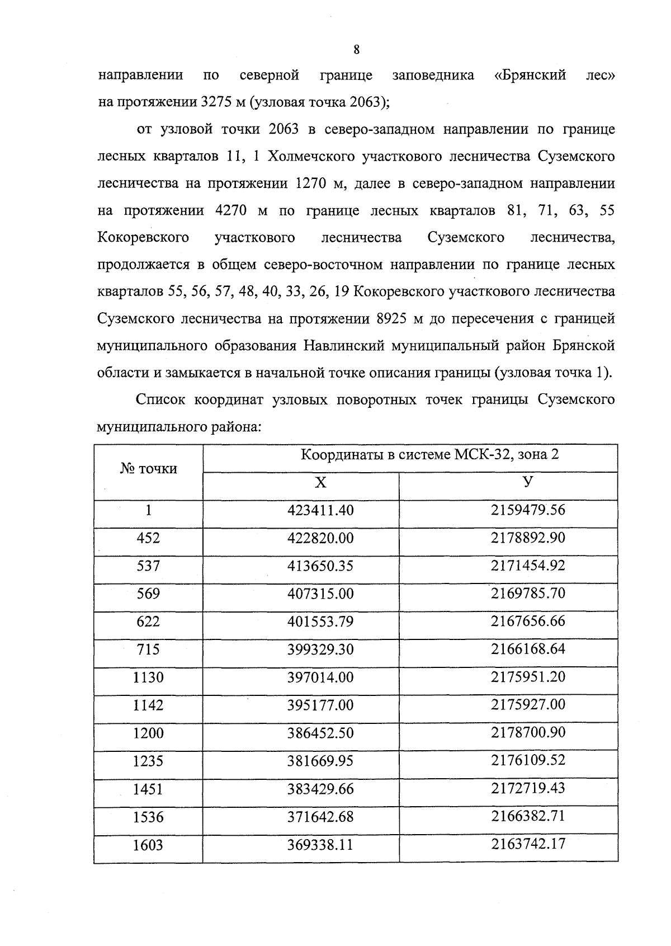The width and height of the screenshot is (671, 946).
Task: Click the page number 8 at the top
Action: pos(356,50)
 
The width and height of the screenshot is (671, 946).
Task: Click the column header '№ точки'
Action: pos(148,469)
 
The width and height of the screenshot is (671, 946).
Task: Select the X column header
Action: pos(320,483)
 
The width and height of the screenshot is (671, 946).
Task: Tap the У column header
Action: pos(528,482)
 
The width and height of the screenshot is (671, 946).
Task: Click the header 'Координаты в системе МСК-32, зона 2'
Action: pos(429,454)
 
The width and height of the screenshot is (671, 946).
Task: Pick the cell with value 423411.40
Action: pos(320,510)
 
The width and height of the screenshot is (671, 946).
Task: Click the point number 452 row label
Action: pos(148,538)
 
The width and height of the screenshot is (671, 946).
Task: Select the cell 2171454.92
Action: pos(528,566)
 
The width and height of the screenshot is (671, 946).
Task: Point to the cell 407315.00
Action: pos(320,594)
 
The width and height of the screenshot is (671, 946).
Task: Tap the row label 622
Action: pos(148,622)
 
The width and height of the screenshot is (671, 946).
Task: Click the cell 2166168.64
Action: pos(528,649)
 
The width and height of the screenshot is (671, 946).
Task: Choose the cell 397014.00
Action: pos(320,677)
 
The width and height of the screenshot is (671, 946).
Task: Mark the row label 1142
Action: pos(148,705)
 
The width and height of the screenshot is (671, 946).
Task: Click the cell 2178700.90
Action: pos(528,732)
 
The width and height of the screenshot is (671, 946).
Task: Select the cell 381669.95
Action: pos(320,761)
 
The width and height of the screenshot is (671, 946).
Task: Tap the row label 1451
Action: pos(148,789)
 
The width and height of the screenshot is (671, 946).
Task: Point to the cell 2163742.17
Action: pos(528,844)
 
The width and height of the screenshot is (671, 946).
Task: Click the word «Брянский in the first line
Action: pos(531,76)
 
